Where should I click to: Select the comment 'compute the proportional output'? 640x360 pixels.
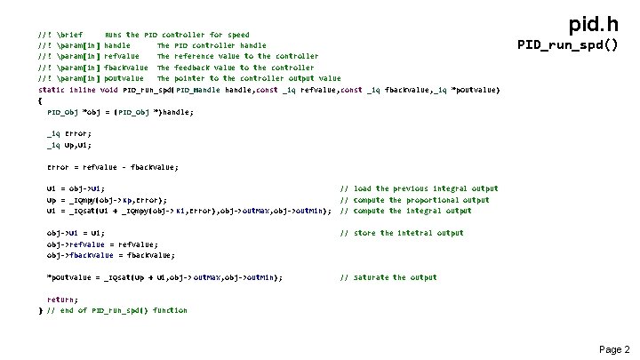[x=415, y=200]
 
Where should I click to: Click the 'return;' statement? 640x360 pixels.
[x=62, y=300]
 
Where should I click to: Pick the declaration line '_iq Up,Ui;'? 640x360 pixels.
[x=68, y=144]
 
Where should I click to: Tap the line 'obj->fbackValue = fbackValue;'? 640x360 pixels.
[x=104, y=255]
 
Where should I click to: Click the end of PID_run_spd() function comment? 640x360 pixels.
[x=116, y=310]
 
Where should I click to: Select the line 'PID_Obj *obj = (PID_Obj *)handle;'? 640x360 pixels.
[x=119, y=112]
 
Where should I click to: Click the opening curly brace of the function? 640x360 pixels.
[x=41, y=100]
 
